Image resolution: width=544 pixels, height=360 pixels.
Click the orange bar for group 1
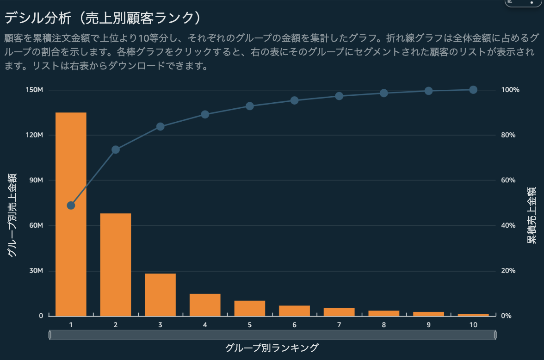71,214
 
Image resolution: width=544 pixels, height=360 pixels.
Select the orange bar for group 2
116,265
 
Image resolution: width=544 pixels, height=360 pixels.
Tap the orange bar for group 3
160,295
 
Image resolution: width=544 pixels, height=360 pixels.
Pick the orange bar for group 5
250,308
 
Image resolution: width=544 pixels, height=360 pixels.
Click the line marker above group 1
71,205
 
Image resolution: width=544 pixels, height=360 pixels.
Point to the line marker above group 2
116,149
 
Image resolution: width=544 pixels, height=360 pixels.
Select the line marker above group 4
205,114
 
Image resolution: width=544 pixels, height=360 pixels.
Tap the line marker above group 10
473,90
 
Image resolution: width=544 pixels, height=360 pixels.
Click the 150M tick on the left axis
34,90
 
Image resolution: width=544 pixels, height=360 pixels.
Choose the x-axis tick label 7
339,325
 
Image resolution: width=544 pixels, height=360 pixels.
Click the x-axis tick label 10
473,325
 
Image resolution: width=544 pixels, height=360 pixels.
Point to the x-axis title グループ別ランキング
272,348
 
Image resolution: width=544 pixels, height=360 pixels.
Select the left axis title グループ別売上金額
12,215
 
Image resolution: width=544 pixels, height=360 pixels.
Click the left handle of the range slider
49,335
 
